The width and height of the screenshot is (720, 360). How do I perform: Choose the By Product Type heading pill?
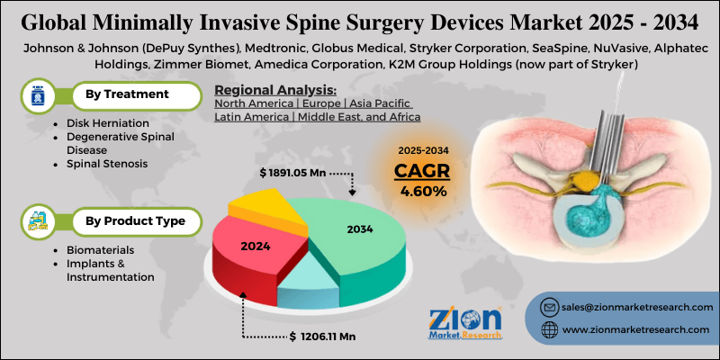coord(135,220)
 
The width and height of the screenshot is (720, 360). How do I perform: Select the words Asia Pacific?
coord(389,103)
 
